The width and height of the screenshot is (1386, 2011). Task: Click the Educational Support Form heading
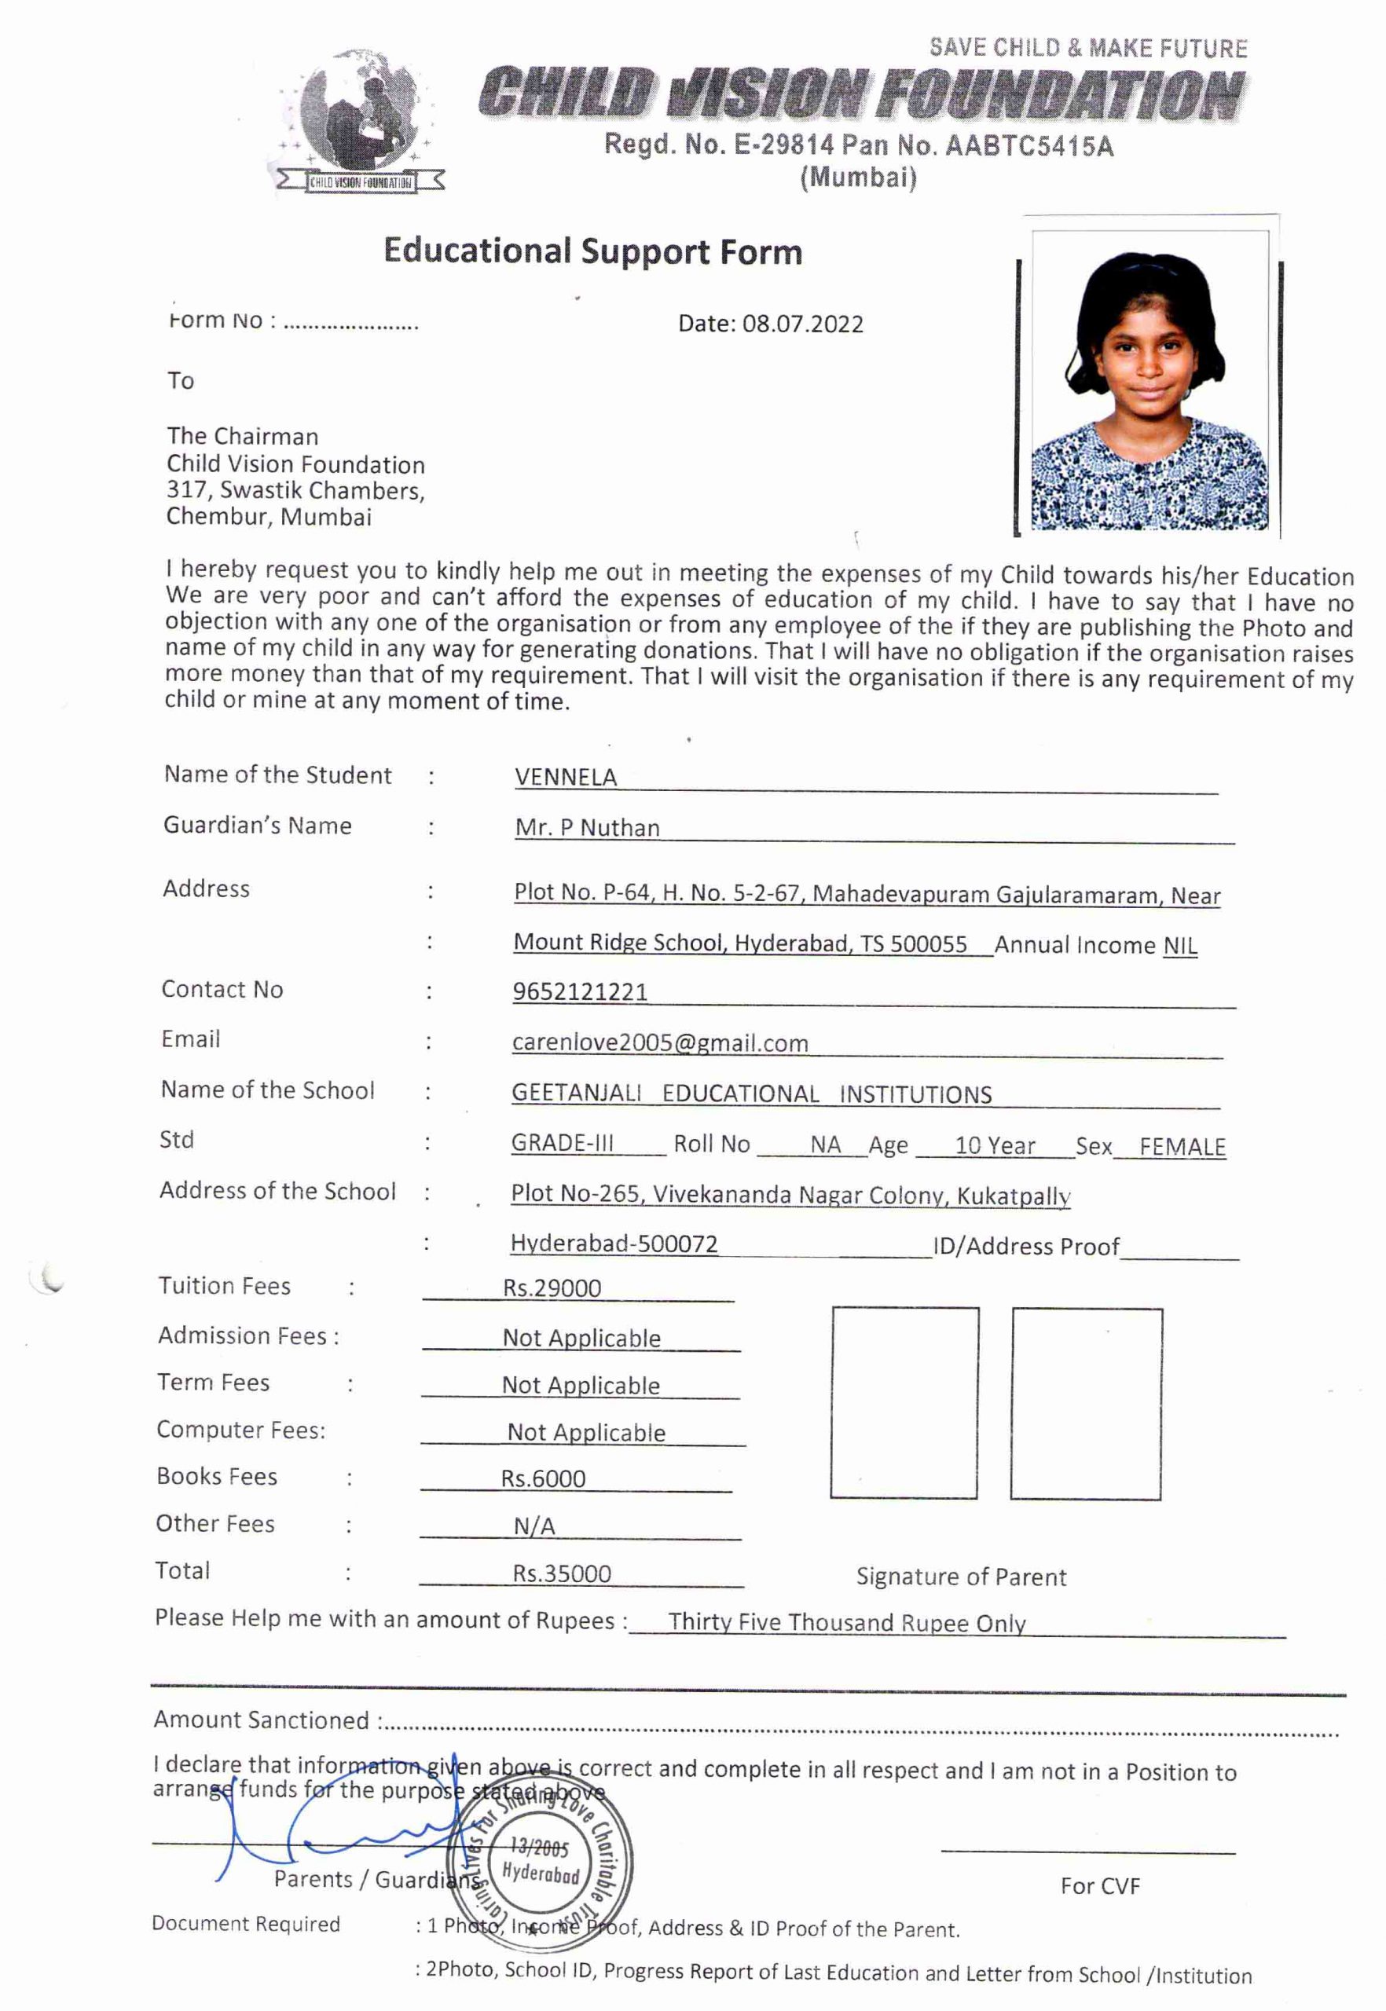[592, 252]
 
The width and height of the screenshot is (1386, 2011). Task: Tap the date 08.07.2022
[802, 324]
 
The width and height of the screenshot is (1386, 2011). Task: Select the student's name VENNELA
[566, 777]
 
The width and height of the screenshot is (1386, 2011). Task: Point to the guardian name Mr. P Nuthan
[587, 827]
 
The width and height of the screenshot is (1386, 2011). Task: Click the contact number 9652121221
[580, 991]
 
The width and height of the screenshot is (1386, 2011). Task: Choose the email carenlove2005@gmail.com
[660, 1043]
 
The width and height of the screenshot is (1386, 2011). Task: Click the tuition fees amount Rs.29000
[552, 1288]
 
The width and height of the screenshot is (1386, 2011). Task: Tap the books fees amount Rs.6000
[543, 1478]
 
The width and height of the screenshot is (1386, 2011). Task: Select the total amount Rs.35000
[561, 1573]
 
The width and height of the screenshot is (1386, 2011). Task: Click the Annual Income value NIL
[1179, 946]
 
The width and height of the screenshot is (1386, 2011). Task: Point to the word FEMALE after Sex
[1182, 1147]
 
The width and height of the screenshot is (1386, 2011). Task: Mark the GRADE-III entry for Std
[562, 1143]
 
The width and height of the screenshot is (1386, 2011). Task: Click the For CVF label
[1099, 1886]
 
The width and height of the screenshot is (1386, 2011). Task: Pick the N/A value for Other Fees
[534, 1526]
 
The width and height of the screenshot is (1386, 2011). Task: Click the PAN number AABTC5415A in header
[1028, 146]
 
